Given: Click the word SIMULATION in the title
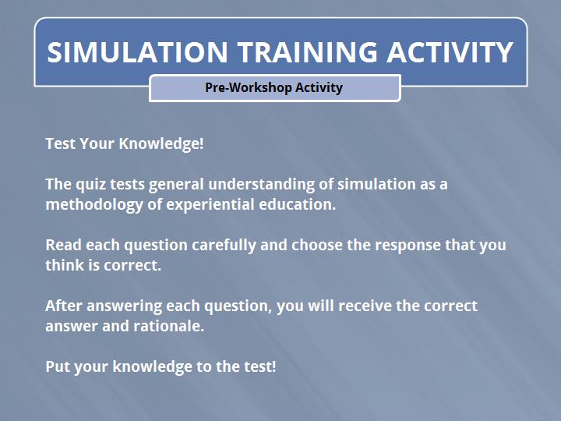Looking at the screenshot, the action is [x=137, y=52].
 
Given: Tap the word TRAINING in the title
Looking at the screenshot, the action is [x=308, y=52].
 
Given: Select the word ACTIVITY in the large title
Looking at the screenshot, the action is [x=450, y=52].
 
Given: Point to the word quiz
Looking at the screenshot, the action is [x=91, y=185].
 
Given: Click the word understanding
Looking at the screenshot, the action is [x=262, y=185].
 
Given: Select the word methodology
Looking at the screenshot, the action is [x=94, y=205].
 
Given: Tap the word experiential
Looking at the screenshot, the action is [x=210, y=205].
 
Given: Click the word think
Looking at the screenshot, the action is [x=65, y=265].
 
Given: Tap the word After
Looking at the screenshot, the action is [x=64, y=306].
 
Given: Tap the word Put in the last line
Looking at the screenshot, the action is [x=57, y=367].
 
